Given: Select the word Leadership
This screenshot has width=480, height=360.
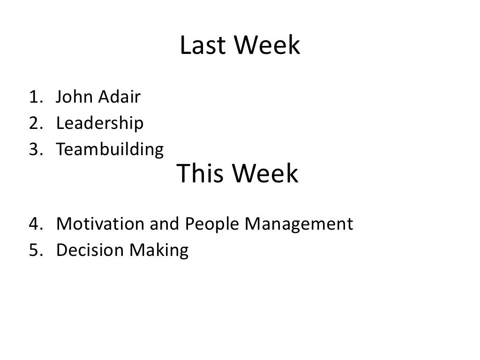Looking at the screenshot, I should coord(100,124).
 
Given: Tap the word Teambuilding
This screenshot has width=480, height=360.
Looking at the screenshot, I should coord(110,150).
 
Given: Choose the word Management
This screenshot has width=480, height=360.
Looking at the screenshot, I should coord(297,225).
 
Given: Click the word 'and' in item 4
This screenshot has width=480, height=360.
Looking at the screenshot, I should coord(164,224).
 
